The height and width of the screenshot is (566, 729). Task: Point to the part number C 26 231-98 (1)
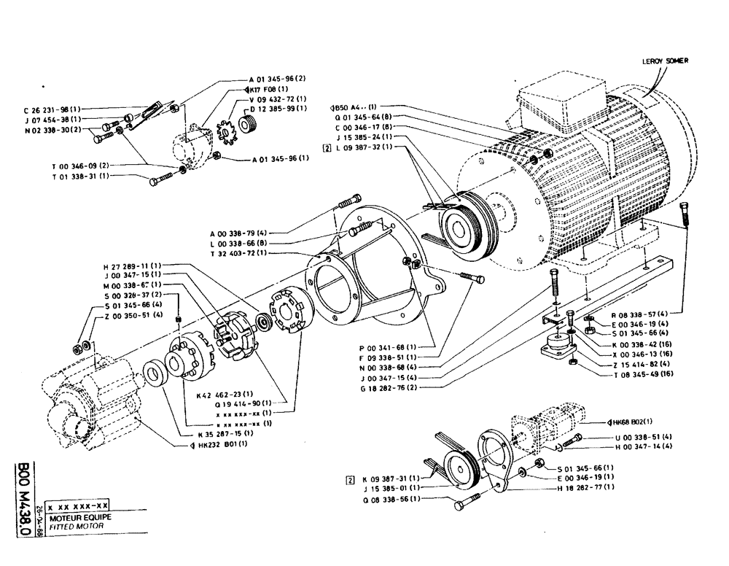pos(52,111)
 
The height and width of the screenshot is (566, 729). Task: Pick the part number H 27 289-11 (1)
pos(136,265)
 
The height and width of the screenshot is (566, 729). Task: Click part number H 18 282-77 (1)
pos(586,486)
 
